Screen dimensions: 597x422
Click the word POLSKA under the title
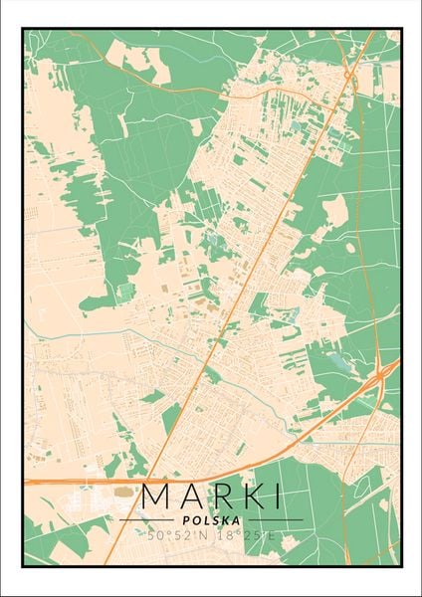click(211, 519)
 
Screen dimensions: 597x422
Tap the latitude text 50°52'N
click(178, 535)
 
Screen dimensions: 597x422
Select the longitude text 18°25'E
click(244, 535)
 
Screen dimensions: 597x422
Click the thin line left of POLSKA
click(149, 519)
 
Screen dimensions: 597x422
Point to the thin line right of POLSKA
click(273, 519)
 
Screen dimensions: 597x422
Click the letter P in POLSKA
click(186, 519)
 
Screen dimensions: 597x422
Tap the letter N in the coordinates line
click(204, 535)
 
